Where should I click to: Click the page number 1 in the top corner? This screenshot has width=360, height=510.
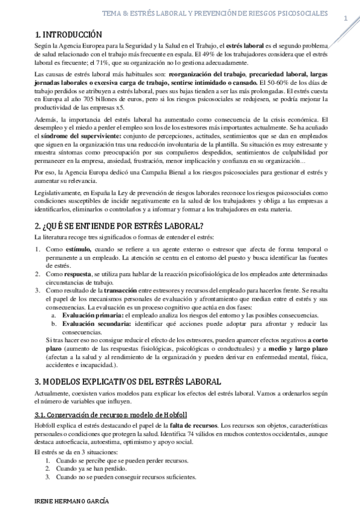click(346, 19)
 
